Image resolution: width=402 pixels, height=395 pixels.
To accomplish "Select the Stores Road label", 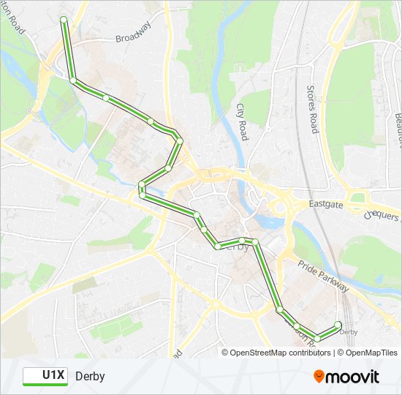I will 312,109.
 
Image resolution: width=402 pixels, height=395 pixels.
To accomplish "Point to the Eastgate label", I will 325,206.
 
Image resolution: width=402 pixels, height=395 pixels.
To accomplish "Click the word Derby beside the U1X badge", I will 90,376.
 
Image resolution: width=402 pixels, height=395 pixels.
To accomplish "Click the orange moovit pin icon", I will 319,376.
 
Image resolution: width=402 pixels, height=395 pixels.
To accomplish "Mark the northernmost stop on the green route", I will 64,19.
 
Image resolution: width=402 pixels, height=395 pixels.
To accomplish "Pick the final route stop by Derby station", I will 338,324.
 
